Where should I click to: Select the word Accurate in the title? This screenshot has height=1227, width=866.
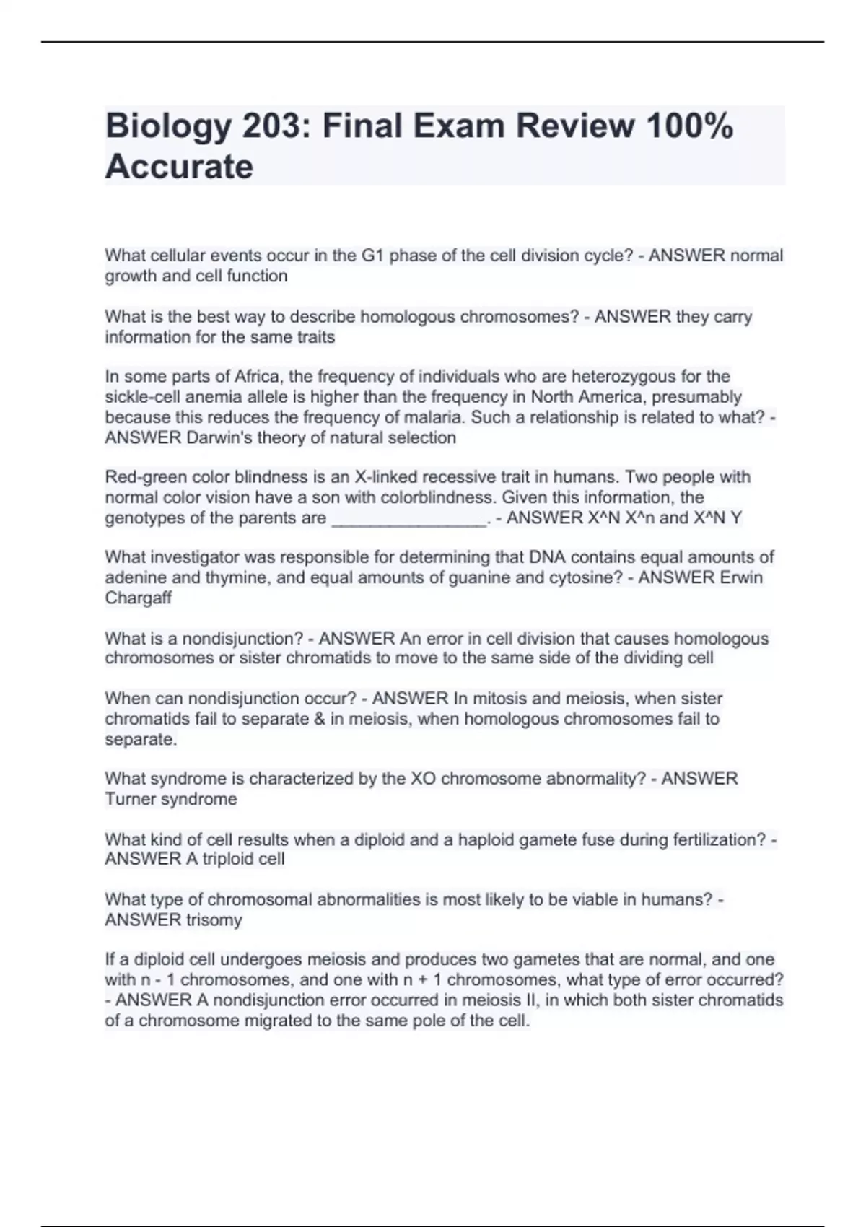pos(179,167)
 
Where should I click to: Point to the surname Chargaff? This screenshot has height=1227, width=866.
pos(139,598)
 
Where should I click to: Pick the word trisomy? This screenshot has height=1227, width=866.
pos(215,920)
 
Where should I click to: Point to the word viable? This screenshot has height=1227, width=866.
pos(560,899)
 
